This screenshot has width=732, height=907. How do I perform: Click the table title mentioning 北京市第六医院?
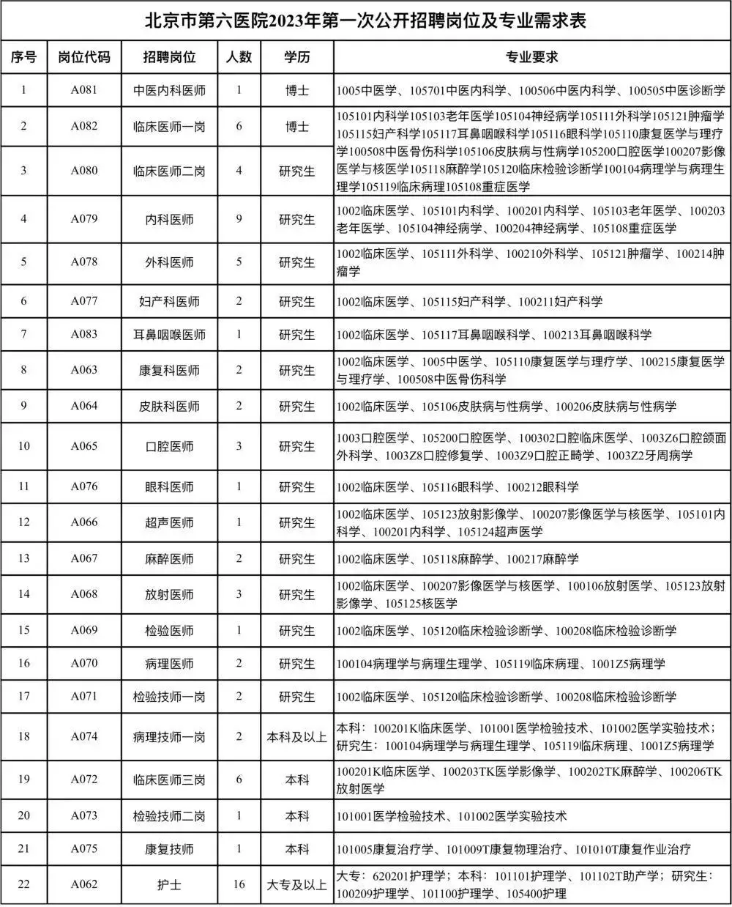tap(365, 21)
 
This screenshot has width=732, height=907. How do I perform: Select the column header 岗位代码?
tap(84, 57)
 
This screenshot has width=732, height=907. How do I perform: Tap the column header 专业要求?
tap(532, 57)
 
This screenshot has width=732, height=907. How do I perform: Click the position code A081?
tap(84, 90)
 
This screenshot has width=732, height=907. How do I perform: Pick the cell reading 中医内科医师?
tap(169, 91)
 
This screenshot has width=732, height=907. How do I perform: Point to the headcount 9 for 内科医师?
tap(239, 218)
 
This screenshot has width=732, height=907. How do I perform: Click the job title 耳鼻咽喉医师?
tap(169, 335)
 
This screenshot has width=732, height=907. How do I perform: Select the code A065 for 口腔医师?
tap(84, 445)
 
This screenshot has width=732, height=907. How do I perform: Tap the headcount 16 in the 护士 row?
tap(239, 884)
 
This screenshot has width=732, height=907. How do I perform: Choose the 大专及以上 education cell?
tap(296, 885)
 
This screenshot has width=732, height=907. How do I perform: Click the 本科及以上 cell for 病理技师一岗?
tap(296, 737)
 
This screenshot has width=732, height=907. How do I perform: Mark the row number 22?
tap(23, 884)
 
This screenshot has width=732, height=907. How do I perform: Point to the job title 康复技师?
tap(169, 850)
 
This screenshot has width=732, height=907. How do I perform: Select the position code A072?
tap(84, 780)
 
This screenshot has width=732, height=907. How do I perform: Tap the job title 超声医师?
tap(169, 523)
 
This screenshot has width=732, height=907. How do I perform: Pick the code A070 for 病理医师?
tap(84, 664)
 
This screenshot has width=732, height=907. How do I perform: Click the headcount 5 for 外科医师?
tap(239, 262)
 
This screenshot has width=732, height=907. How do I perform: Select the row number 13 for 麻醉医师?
tap(23, 559)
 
